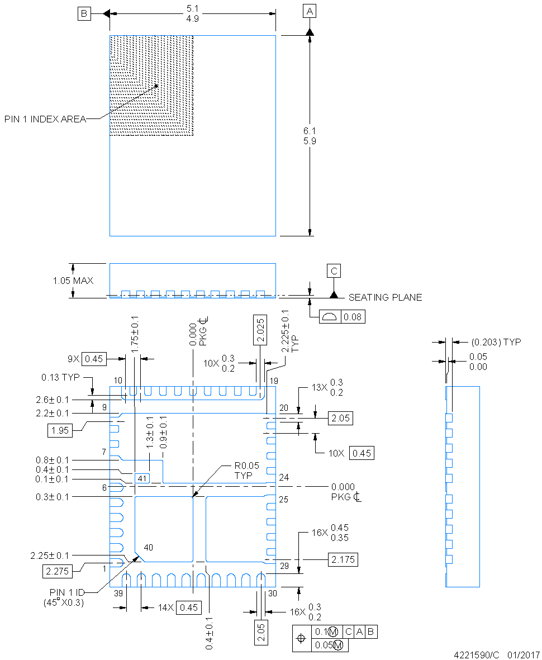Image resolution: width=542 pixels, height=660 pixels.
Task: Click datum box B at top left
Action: [83, 15]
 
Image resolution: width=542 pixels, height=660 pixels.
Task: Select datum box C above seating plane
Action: [334, 271]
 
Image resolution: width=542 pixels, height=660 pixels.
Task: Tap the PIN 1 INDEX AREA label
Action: [45, 119]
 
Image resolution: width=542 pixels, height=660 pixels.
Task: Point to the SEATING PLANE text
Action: [385, 297]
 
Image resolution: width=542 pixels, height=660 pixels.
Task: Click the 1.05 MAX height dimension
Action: [73, 281]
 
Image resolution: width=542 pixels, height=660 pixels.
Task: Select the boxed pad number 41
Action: [142, 478]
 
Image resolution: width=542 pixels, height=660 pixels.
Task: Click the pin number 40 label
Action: [148, 547]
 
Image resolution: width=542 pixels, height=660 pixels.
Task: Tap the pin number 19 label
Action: [274, 381]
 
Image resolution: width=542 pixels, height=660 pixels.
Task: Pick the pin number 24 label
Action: [284, 478]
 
